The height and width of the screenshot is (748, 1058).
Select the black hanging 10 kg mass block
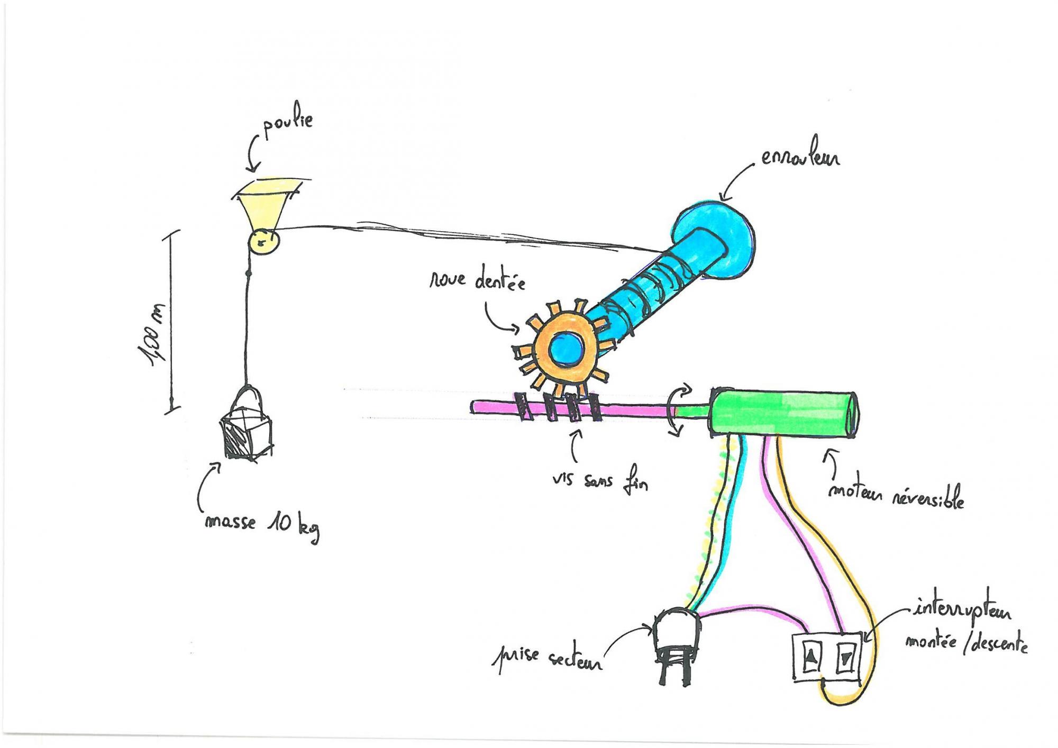point(246,436)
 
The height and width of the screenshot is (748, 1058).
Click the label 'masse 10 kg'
point(262,525)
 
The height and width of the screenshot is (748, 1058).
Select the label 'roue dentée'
point(477,280)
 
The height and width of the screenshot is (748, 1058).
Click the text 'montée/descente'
point(966,644)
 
